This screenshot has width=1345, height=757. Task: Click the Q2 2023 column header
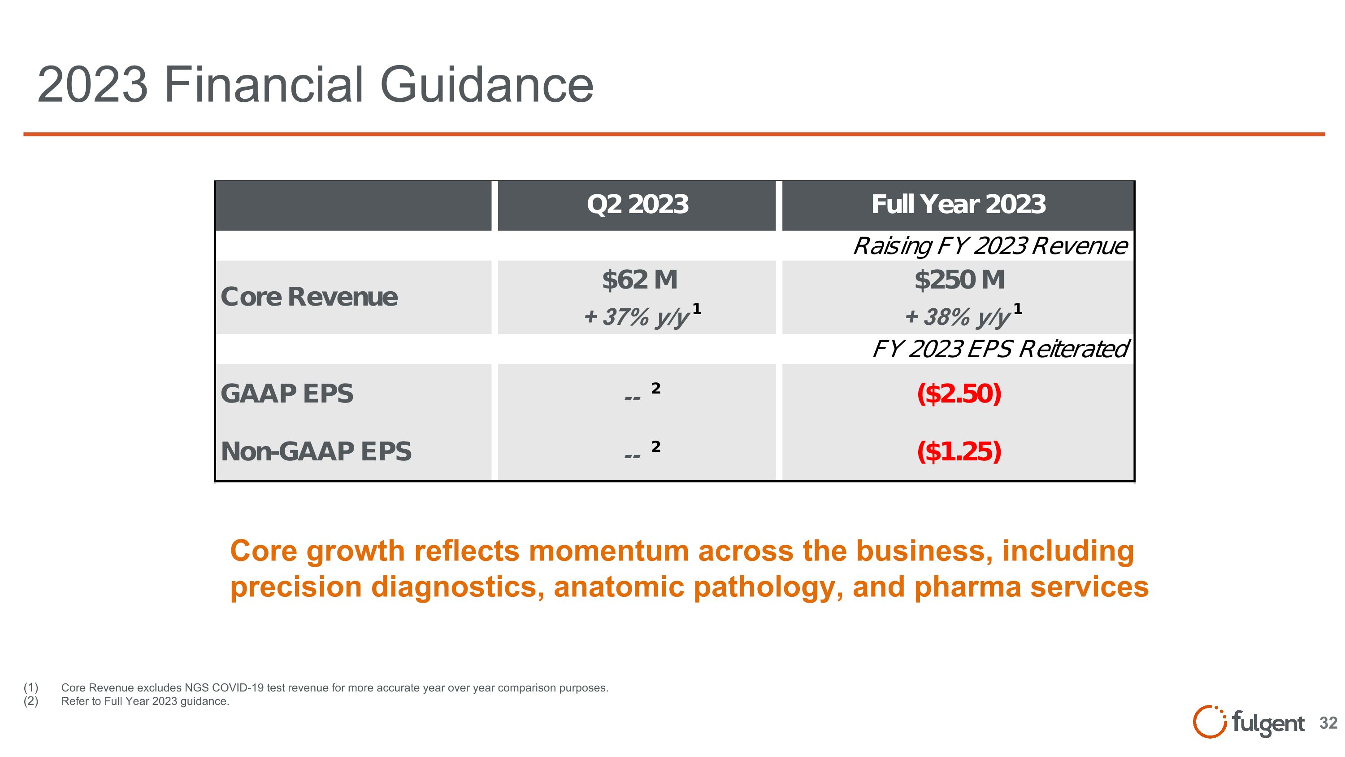[637, 204]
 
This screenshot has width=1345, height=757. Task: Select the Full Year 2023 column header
[958, 204]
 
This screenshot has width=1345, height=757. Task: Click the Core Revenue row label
[308, 297]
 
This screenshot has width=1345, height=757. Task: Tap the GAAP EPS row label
[286, 394]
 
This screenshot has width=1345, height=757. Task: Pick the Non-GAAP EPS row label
[316, 451]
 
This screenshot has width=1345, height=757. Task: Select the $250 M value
[959, 280]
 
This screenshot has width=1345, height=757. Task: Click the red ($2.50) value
[959, 394]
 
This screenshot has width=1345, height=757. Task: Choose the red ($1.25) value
[959, 451]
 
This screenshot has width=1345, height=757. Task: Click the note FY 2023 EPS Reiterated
[1000, 349]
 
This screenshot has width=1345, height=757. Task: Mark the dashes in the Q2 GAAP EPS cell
[632, 398]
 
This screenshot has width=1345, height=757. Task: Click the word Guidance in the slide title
[486, 85]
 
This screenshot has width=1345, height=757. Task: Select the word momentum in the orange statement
[609, 551]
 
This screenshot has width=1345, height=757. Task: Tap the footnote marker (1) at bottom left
[31, 687]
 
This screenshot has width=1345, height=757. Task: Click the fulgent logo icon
[1209, 722]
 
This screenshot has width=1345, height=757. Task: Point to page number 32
[1328, 723]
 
